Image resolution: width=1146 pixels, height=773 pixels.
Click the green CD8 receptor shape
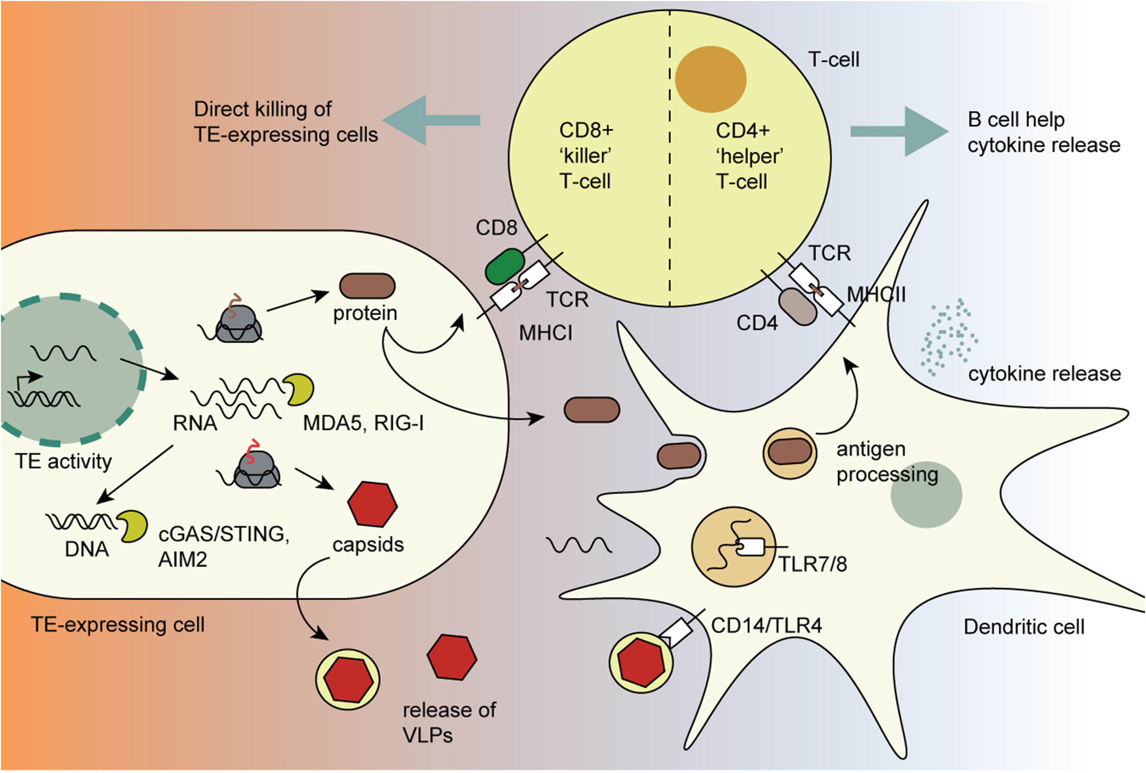coord(504,267)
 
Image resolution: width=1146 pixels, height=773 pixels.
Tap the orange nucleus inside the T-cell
coord(710,79)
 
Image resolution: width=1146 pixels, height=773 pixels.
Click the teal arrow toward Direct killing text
coord(432,120)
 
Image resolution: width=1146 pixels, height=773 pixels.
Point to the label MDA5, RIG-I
coord(363,423)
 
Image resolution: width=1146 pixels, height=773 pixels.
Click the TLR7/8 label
coord(812,564)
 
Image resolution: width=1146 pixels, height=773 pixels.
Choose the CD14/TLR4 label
coord(766,625)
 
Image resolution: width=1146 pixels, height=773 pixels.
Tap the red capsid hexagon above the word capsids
coord(372,504)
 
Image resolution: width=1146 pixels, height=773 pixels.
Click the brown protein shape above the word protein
coord(367,286)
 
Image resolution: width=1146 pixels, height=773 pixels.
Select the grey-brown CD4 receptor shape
coord(797,307)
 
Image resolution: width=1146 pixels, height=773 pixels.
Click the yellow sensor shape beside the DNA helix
coord(133,526)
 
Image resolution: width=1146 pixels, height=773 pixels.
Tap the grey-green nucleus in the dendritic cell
coord(926,495)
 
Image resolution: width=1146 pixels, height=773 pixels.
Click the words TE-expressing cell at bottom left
coord(117,625)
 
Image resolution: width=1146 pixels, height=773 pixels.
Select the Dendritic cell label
coord(1023,627)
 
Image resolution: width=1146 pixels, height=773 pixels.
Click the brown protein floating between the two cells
coord(591,410)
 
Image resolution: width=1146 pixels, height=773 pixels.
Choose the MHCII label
coord(876,295)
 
